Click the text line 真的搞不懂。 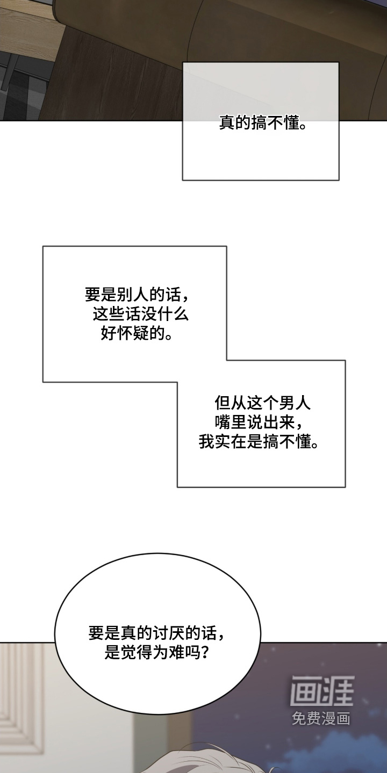tap(263, 122)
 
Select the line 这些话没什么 tap(140, 315)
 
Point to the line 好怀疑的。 tap(137, 334)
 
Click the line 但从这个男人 tap(263, 403)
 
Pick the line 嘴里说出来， tap(260, 422)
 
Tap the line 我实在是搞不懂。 tap(259, 441)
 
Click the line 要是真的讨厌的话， tap(157, 633)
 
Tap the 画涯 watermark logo tap(322, 690)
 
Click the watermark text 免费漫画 tap(321, 718)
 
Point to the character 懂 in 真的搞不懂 tap(291, 122)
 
